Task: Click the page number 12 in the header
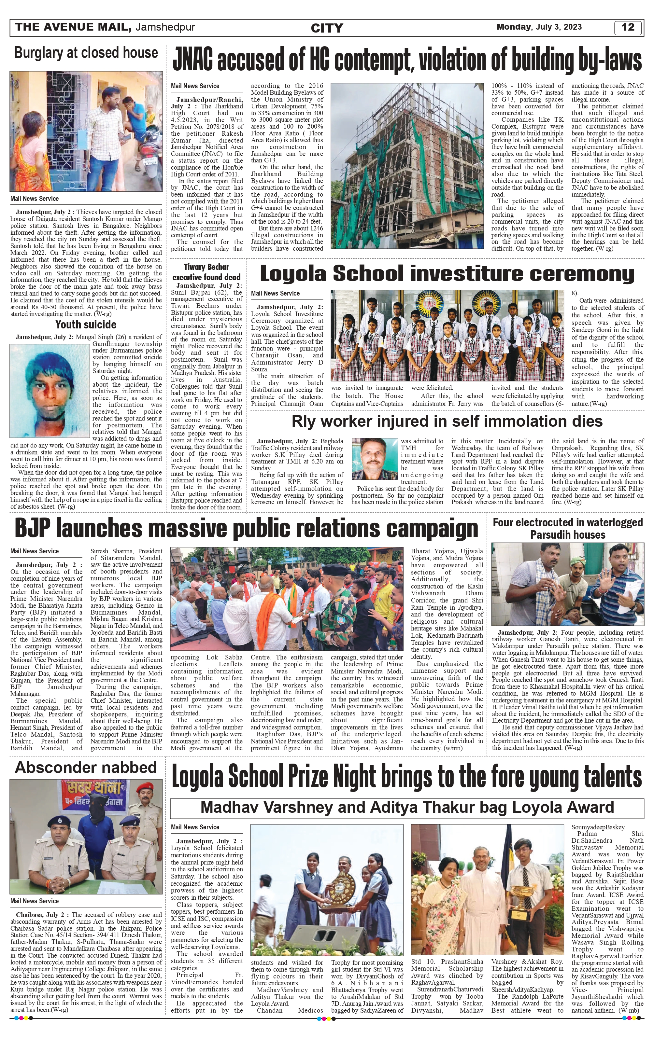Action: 628,27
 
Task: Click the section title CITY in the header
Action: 327,28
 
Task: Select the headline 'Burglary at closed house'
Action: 86,53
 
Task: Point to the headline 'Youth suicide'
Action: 86,324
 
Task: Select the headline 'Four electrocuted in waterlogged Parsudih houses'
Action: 567,529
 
